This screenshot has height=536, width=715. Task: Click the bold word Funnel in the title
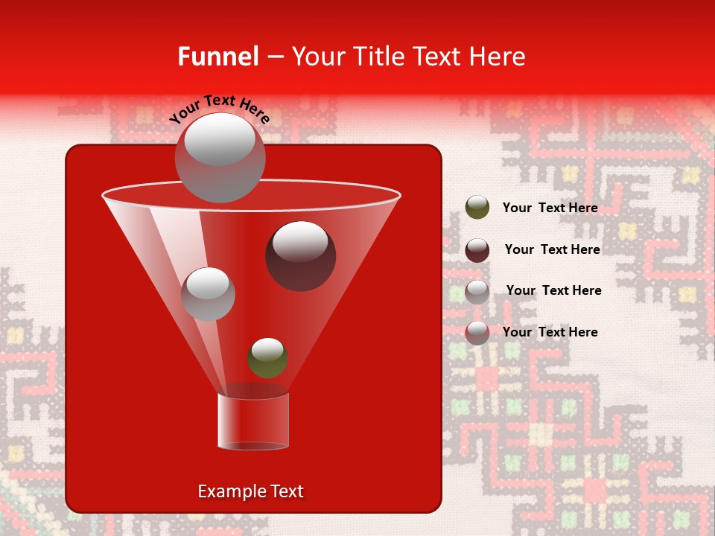(217, 57)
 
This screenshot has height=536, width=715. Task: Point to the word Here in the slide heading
(495, 57)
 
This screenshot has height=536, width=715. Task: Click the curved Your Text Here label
(220, 109)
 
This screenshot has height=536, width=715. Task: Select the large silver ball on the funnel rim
(220, 158)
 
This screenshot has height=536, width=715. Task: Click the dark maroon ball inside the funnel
(300, 255)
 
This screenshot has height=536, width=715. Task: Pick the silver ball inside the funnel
(208, 293)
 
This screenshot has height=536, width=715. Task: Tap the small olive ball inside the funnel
(267, 357)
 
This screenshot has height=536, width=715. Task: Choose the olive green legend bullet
(477, 208)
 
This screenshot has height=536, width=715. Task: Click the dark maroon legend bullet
(477, 249)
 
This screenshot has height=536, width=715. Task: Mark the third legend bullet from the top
(477, 291)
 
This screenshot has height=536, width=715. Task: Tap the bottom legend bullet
(477, 333)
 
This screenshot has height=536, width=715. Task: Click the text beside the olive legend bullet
(550, 208)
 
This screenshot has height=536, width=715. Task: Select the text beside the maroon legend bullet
(552, 249)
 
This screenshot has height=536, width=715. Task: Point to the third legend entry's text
(553, 290)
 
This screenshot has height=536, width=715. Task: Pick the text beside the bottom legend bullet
(550, 332)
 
